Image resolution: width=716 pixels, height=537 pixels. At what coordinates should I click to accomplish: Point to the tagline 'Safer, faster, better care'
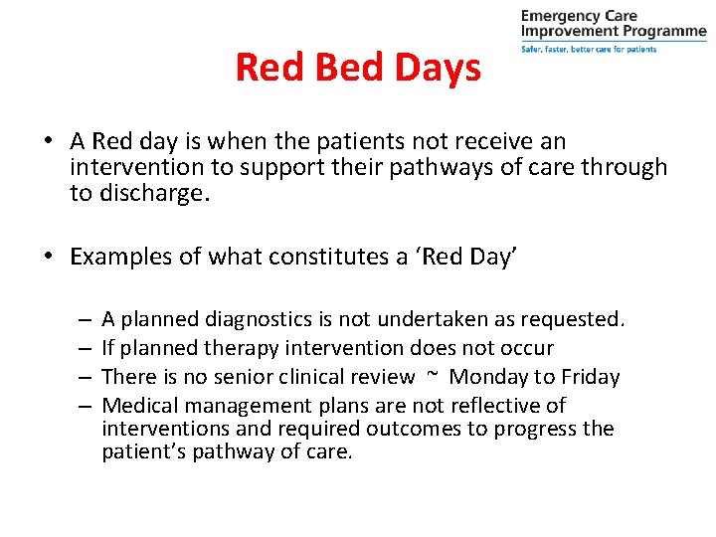coord(588,49)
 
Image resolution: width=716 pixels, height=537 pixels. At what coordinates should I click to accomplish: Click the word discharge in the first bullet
coord(152,193)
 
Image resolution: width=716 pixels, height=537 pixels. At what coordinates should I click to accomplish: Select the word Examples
coord(123,257)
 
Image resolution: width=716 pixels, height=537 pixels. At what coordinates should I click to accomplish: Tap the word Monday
coord(489,377)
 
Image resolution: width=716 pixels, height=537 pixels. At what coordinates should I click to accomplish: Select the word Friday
coord(590,377)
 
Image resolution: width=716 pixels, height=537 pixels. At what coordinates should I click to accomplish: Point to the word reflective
coord(497,406)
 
